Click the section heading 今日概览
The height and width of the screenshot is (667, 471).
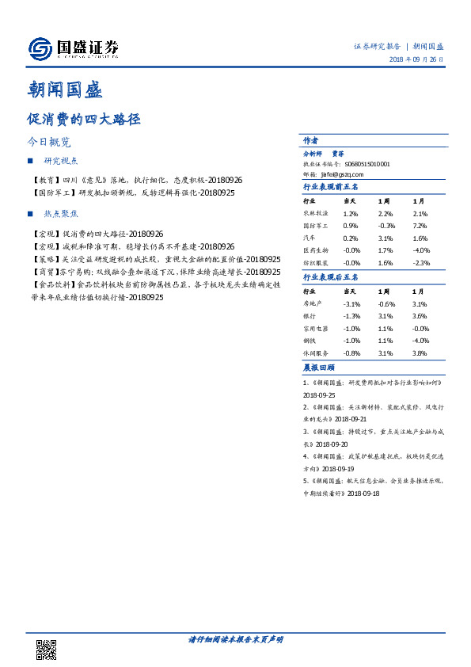[x=49, y=143]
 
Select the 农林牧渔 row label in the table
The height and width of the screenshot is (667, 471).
[x=315, y=214]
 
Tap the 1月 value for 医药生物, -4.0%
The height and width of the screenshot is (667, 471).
[x=420, y=251]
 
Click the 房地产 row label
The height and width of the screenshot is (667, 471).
[x=312, y=304]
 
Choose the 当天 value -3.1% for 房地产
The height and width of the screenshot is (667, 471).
[x=352, y=304]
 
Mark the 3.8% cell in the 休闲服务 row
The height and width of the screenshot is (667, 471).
[x=420, y=353]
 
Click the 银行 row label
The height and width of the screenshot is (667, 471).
[x=310, y=316]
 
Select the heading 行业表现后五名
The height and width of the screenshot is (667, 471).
[x=330, y=277]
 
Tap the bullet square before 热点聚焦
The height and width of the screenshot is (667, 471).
[x=31, y=214]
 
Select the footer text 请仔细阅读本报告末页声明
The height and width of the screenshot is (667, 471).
[x=235, y=638]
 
